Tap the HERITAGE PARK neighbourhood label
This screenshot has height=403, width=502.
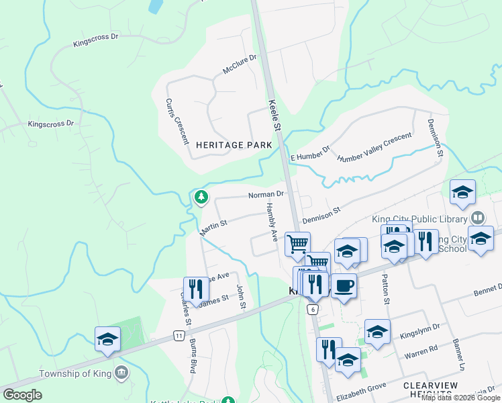coord(234,145)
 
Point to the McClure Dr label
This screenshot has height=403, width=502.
coord(240,65)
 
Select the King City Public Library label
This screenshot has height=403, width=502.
coord(419,219)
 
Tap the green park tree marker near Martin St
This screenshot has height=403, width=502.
coord(200,197)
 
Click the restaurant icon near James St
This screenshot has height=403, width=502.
coord(195,289)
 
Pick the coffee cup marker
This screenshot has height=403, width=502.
coord(344,285)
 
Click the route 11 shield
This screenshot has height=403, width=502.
coord(179,334)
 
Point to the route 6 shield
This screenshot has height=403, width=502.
coord(313,309)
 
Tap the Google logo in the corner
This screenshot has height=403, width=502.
coord(22,394)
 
